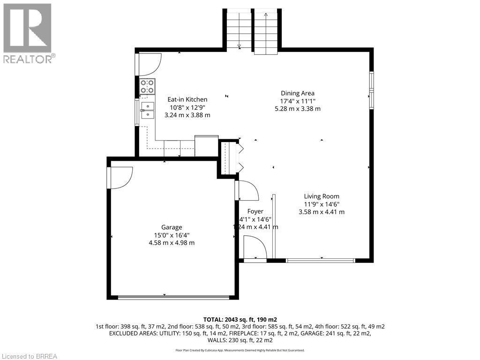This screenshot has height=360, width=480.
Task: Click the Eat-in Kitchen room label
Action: coord(187,99)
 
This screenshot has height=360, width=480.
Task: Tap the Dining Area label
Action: coord(297,93)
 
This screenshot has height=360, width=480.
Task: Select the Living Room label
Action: coord(321,196)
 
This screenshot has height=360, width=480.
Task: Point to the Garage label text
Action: coord(172,227)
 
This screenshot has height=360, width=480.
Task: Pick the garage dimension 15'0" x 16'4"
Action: coord(172,235)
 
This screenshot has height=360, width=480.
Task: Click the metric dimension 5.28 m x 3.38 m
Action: coord(297,109)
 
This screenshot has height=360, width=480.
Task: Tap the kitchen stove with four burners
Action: coord(147,87)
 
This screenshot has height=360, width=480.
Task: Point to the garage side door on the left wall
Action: coord(120,177)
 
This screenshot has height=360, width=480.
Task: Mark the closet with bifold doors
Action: coord(230,157)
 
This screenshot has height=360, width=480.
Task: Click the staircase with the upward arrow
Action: coord(266,31)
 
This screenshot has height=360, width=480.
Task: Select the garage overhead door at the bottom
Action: coord(173,297)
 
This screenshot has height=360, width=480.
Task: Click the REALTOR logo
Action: coord(28,33)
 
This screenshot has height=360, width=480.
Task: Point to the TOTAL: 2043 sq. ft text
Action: coord(240,319)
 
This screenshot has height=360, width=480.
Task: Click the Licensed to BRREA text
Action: coord(29,356)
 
